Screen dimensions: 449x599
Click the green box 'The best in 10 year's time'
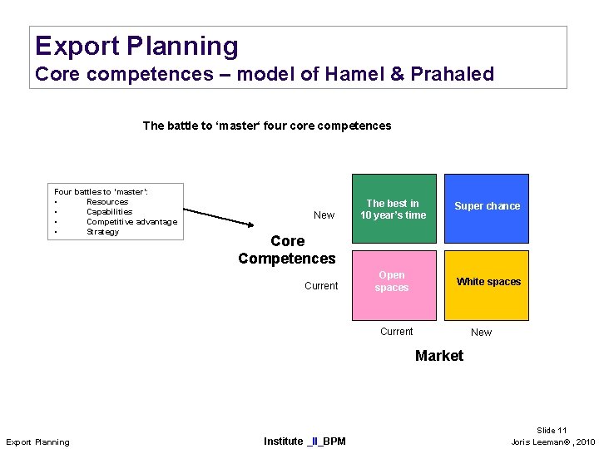394,209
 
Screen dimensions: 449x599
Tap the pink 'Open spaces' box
394,284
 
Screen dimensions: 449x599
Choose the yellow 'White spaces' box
487,284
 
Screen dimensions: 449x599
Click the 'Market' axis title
438,356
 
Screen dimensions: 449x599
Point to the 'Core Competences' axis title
287,249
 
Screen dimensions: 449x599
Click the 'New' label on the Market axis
481,333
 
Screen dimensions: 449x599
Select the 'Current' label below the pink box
396,332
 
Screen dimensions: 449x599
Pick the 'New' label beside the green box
324,215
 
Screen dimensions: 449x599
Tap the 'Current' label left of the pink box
321,286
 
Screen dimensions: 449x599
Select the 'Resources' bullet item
107,202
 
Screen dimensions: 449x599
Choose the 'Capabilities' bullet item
110,212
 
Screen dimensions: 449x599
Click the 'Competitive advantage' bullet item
131,222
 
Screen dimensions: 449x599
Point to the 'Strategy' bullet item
102,232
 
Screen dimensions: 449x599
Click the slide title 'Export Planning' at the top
136,46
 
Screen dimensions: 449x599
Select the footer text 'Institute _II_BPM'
304,441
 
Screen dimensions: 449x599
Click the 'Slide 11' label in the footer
552,431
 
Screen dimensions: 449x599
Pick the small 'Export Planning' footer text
37,442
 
